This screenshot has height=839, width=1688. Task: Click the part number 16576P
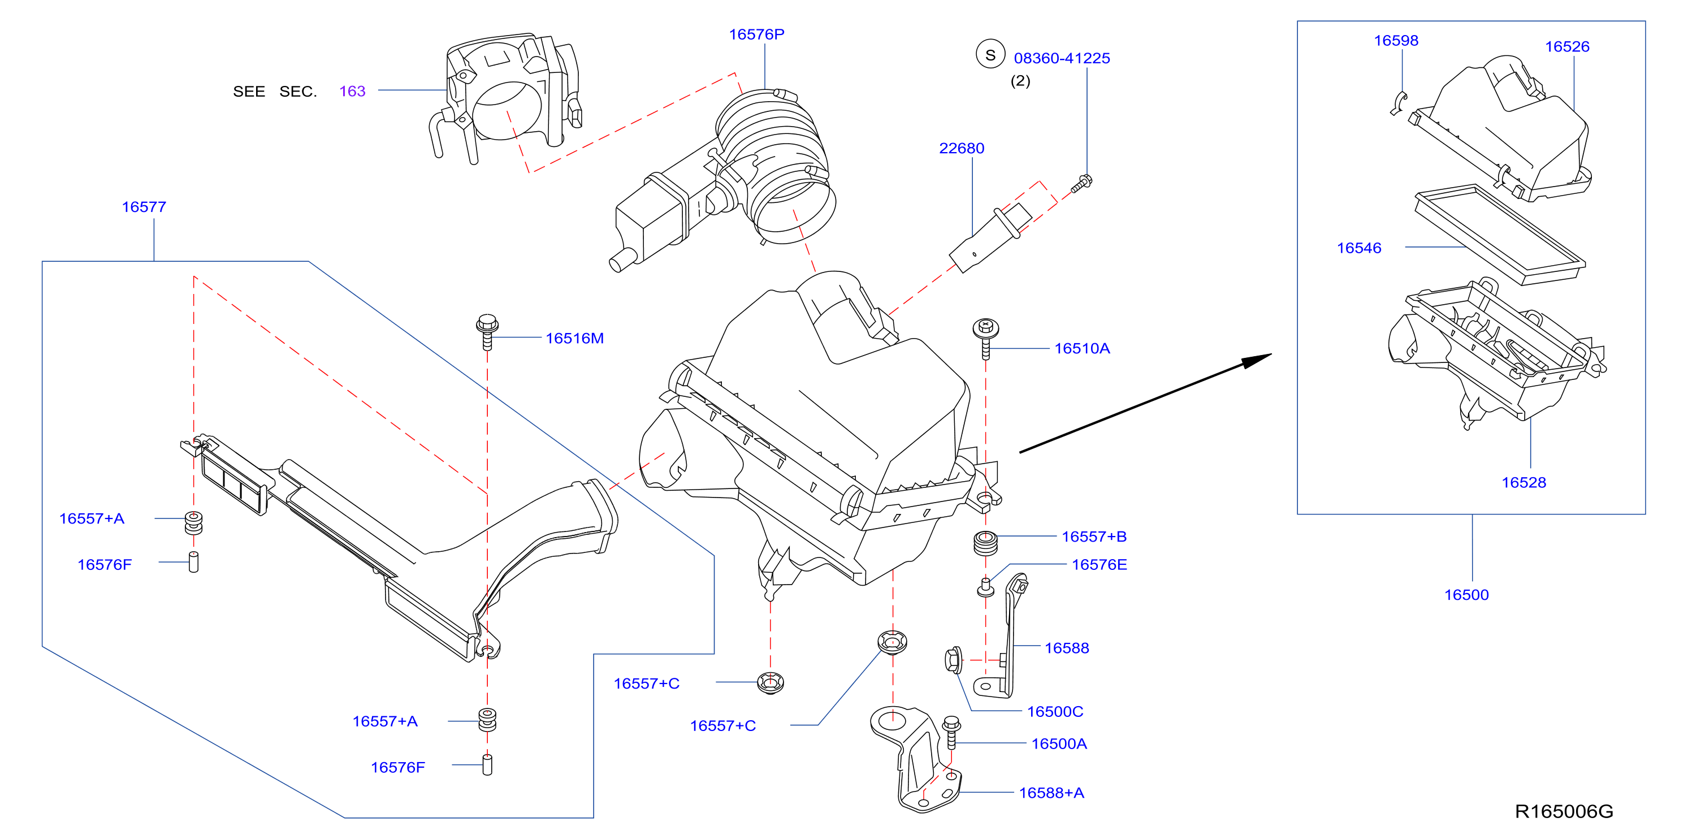click(756, 34)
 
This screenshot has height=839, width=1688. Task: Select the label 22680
click(961, 148)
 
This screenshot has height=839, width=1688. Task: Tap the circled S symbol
click(990, 55)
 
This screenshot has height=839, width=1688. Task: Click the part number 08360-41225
click(1062, 58)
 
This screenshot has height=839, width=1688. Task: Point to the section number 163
click(352, 91)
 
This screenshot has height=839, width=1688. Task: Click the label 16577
click(144, 207)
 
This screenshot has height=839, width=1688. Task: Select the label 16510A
click(1082, 349)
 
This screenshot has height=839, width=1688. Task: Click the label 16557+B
click(1094, 537)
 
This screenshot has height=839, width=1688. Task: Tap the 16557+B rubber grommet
click(985, 543)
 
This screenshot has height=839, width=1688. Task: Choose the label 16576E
click(1099, 565)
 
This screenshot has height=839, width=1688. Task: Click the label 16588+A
click(1051, 793)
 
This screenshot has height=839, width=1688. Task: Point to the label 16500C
click(1054, 712)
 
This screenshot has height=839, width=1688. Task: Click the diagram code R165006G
click(1564, 812)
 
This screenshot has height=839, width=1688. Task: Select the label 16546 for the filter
click(1358, 248)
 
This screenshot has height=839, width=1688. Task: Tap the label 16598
click(1396, 41)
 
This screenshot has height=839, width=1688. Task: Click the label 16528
click(1523, 483)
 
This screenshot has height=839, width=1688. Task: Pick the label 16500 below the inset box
click(1466, 595)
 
